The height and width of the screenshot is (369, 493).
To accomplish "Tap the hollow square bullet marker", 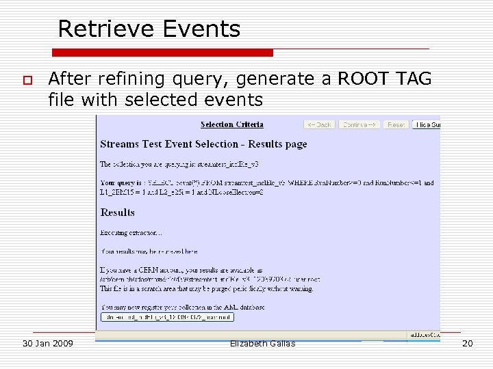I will click(27, 81).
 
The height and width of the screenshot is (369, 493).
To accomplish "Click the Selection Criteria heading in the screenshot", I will click(231, 124).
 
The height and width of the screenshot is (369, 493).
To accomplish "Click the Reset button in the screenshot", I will click(396, 124).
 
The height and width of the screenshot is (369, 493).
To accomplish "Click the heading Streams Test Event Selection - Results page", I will click(203, 144).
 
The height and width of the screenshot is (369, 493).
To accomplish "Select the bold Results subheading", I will click(118, 213).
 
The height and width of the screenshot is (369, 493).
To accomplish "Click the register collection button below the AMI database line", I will click(167, 317).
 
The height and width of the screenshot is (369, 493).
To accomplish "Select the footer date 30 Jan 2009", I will click(48, 343).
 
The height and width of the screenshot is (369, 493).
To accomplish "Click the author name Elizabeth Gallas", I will click(263, 343).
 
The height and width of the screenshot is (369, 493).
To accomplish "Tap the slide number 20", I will click(468, 343).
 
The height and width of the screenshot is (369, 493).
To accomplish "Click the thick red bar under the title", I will click(163, 53).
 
